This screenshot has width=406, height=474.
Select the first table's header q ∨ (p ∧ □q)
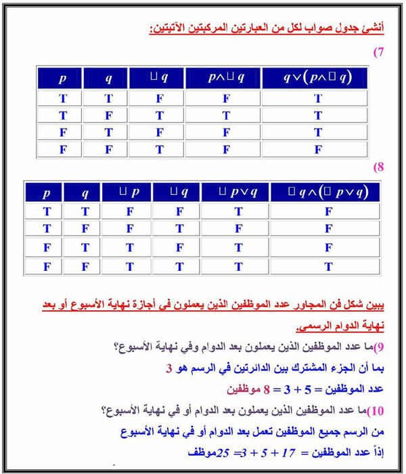317,78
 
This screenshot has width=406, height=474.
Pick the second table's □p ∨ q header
238,192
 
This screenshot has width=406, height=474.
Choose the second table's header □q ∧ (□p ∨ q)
328,192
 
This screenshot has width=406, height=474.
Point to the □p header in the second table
129,192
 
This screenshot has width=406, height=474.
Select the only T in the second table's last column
328,266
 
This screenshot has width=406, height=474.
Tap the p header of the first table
63,78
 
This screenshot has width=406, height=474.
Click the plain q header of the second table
85,192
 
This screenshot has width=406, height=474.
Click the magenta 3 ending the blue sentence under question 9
169,370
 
